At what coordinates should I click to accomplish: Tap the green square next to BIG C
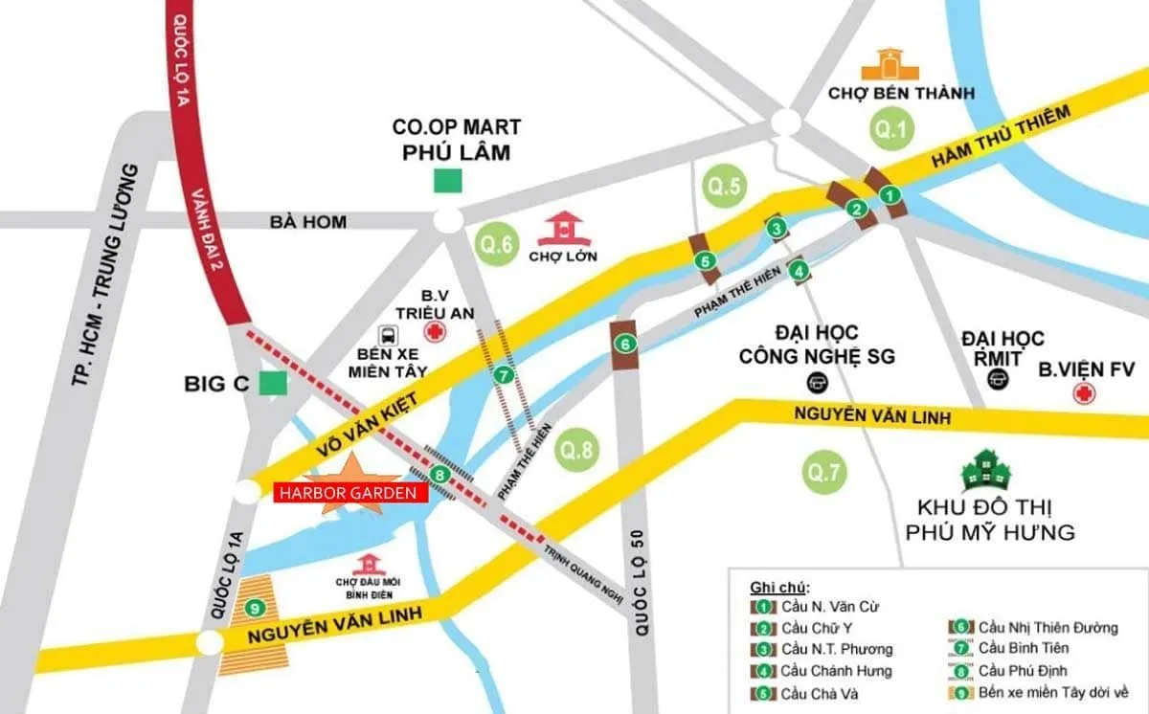pos(275,384)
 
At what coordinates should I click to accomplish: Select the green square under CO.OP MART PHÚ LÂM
pos(447,179)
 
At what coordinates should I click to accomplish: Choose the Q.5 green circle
pos(723,187)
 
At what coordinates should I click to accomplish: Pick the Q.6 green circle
pos(499,245)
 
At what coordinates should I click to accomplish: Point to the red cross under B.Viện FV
pos(1085,395)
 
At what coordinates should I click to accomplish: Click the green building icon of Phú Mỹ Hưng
pos(990,471)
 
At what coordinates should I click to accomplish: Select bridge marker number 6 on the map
pos(624,344)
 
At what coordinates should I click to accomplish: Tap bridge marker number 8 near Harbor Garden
pos(439,474)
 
